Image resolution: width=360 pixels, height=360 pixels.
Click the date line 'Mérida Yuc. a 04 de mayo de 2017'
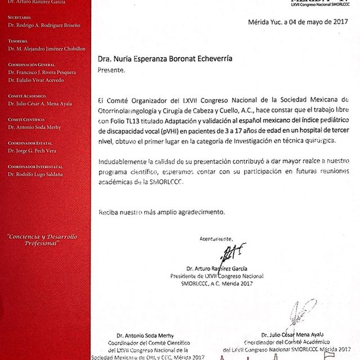tap(296, 22)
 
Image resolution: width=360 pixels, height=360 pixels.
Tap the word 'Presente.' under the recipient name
tap(112, 71)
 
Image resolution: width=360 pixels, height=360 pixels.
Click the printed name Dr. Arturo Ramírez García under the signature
tap(219, 268)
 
